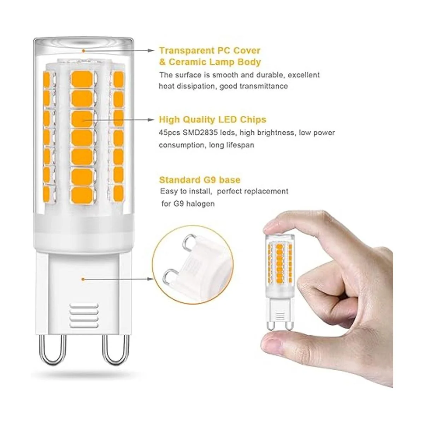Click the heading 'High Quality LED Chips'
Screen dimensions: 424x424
coord(213,120)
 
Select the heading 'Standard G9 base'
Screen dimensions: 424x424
coord(200,180)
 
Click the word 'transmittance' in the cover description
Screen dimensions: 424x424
coord(264,86)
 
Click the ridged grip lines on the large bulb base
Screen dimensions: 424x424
coord(84,315)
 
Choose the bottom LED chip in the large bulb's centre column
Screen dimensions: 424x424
coord(82,195)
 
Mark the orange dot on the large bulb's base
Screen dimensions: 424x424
coord(83,279)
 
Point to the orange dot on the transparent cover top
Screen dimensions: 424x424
coord(84,51)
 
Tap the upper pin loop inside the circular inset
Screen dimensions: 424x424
coord(188,242)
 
